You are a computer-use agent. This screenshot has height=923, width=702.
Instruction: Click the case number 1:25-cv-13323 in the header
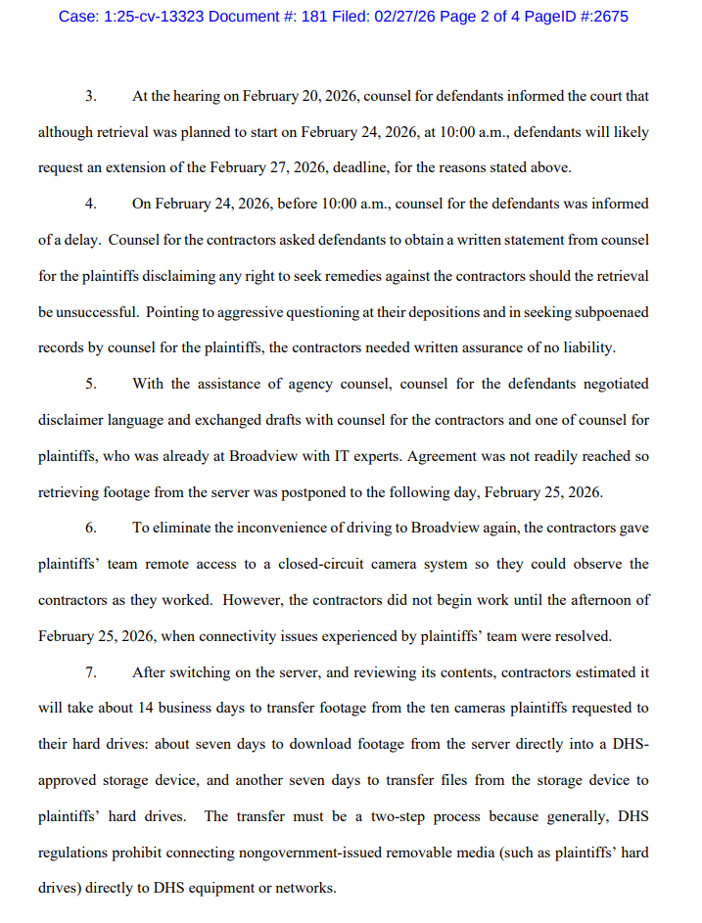[x=152, y=17]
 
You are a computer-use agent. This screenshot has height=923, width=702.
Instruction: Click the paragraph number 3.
[x=91, y=97]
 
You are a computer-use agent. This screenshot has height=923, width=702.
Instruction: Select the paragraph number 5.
[x=91, y=384]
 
